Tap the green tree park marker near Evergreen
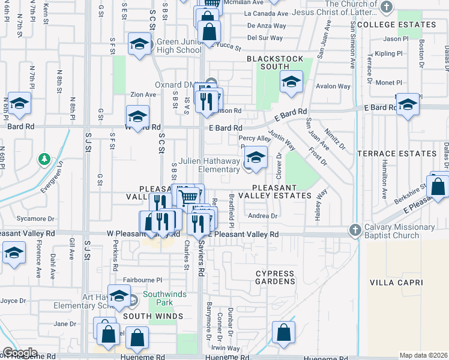coord(44,160)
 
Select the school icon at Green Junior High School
coord(139,44)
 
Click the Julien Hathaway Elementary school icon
coord(256,158)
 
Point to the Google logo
coord(20,352)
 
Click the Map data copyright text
coord(423,355)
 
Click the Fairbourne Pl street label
coord(143,280)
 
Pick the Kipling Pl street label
coord(388,53)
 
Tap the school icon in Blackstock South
coord(291,82)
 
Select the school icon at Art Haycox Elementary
coord(119,295)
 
